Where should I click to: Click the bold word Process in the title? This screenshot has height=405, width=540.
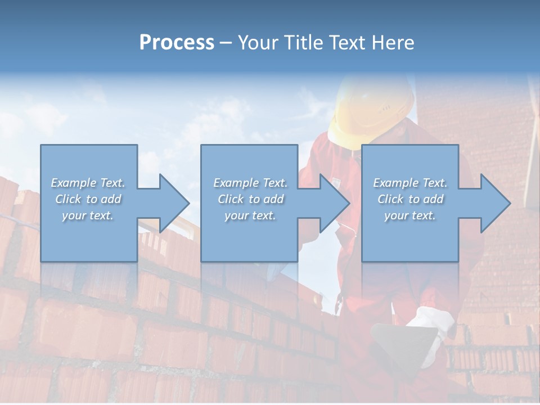(x=177, y=42)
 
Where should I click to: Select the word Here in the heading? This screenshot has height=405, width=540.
(x=393, y=42)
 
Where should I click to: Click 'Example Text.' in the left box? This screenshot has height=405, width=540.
(x=88, y=183)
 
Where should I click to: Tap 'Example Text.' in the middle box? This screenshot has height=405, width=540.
(x=250, y=183)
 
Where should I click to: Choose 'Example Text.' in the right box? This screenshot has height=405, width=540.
(x=410, y=183)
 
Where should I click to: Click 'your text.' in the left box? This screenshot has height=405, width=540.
(x=88, y=215)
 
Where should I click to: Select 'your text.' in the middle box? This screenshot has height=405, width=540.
(x=250, y=215)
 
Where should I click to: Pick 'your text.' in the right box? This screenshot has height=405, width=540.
(x=410, y=215)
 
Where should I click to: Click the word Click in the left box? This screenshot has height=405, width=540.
(x=68, y=199)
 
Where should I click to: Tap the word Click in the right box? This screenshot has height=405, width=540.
(x=390, y=199)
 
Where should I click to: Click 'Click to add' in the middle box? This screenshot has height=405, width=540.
(x=250, y=199)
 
